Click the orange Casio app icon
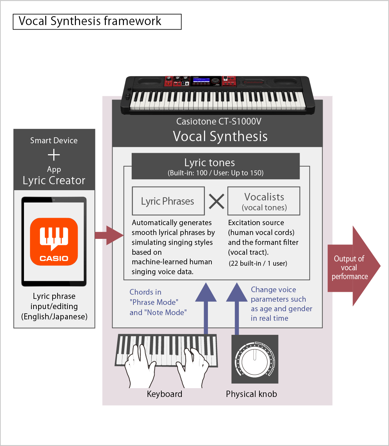pos(54,242)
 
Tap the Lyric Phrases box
pos(168,201)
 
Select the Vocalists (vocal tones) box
pos(264,201)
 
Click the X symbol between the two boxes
pos(216,201)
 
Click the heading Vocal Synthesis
pos(220,137)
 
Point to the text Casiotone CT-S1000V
pos(219,122)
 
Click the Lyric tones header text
pos(210,163)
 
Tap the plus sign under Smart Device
pos(54,155)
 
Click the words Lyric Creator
pos(54,181)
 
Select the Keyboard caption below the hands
pos(164,394)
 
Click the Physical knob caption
pos(251,394)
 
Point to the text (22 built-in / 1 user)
pos(258,264)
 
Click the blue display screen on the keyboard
pos(201,80)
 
